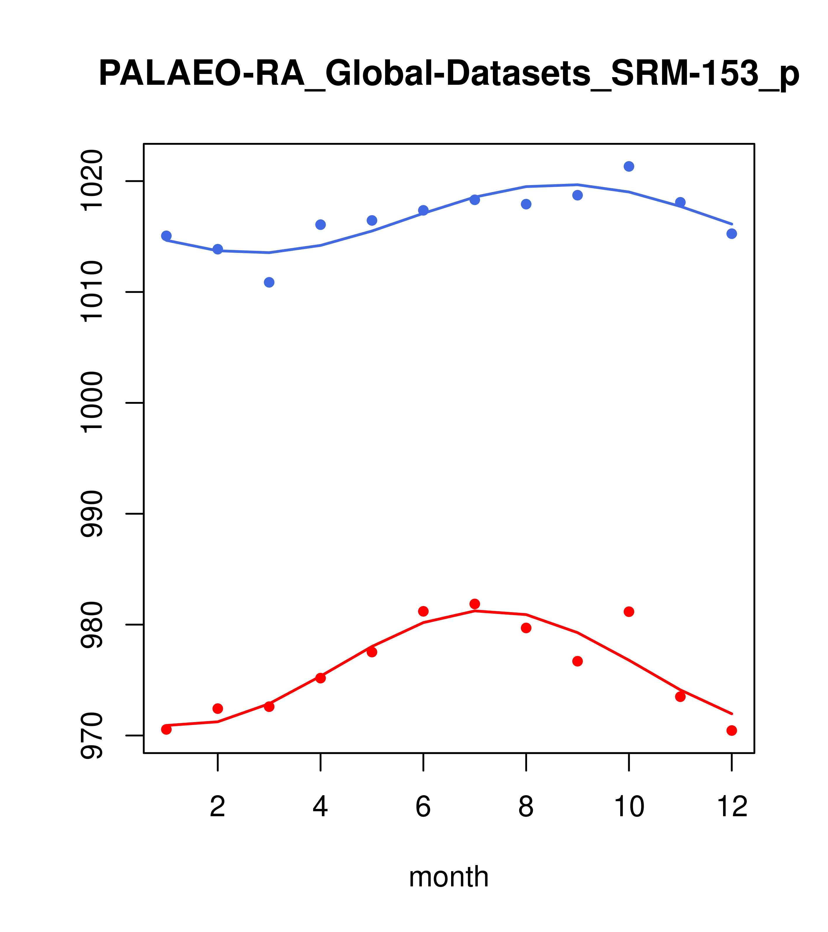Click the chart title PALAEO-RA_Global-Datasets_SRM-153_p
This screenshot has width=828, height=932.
pyautogui.click(x=449, y=74)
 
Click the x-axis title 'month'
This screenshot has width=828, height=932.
pyautogui.click(x=449, y=877)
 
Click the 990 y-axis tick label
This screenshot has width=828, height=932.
pyautogui.click(x=91, y=514)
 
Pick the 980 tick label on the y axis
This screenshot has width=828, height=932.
pyautogui.click(x=91, y=625)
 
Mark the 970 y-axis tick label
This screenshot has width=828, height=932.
pyautogui.click(x=91, y=736)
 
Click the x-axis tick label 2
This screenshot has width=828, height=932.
pyautogui.click(x=218, y=807)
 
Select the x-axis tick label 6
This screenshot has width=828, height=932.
pyautogui.click(x=423, y=807)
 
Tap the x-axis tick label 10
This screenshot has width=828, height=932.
pyautogui.click(x=629, y=807)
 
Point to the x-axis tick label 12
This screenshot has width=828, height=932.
pyautogui.click(x=732, y=807)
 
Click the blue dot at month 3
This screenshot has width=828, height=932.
pyautogui.click(x=269, y=282)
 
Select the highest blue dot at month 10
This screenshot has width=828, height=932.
pyautogui.click(x=629, y=166)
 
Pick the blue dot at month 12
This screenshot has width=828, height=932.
pyautogui.click(x=732, y=234)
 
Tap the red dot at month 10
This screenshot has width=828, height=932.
pyautogui.click(x=629, y=612)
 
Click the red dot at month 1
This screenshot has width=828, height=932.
pyautogui.click(x=166, y=729)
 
